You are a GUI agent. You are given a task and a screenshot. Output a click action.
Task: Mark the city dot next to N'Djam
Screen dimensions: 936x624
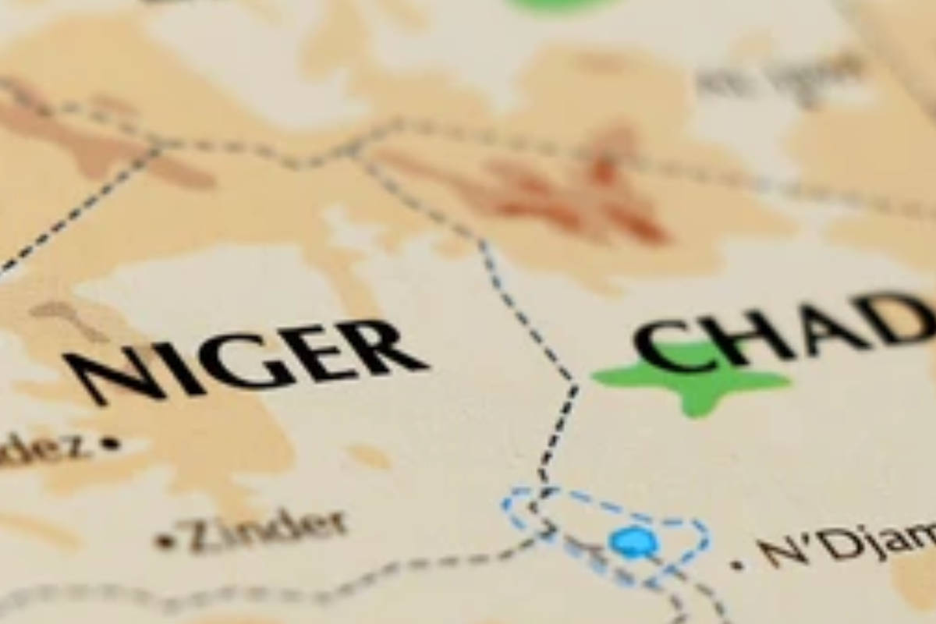point(737,564)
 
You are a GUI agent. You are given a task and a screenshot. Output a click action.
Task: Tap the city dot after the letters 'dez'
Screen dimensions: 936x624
point(111,444)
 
